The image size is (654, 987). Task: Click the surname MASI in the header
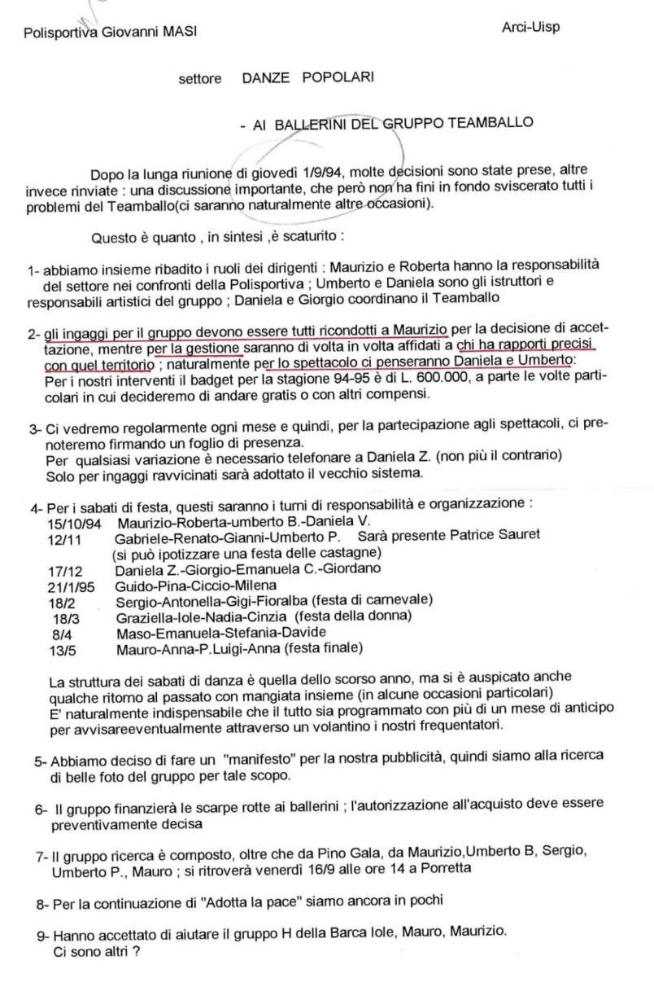coord(178,32)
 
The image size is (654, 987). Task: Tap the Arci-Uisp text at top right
coord(531,27)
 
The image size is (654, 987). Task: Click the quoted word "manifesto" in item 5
coord(258,760)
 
